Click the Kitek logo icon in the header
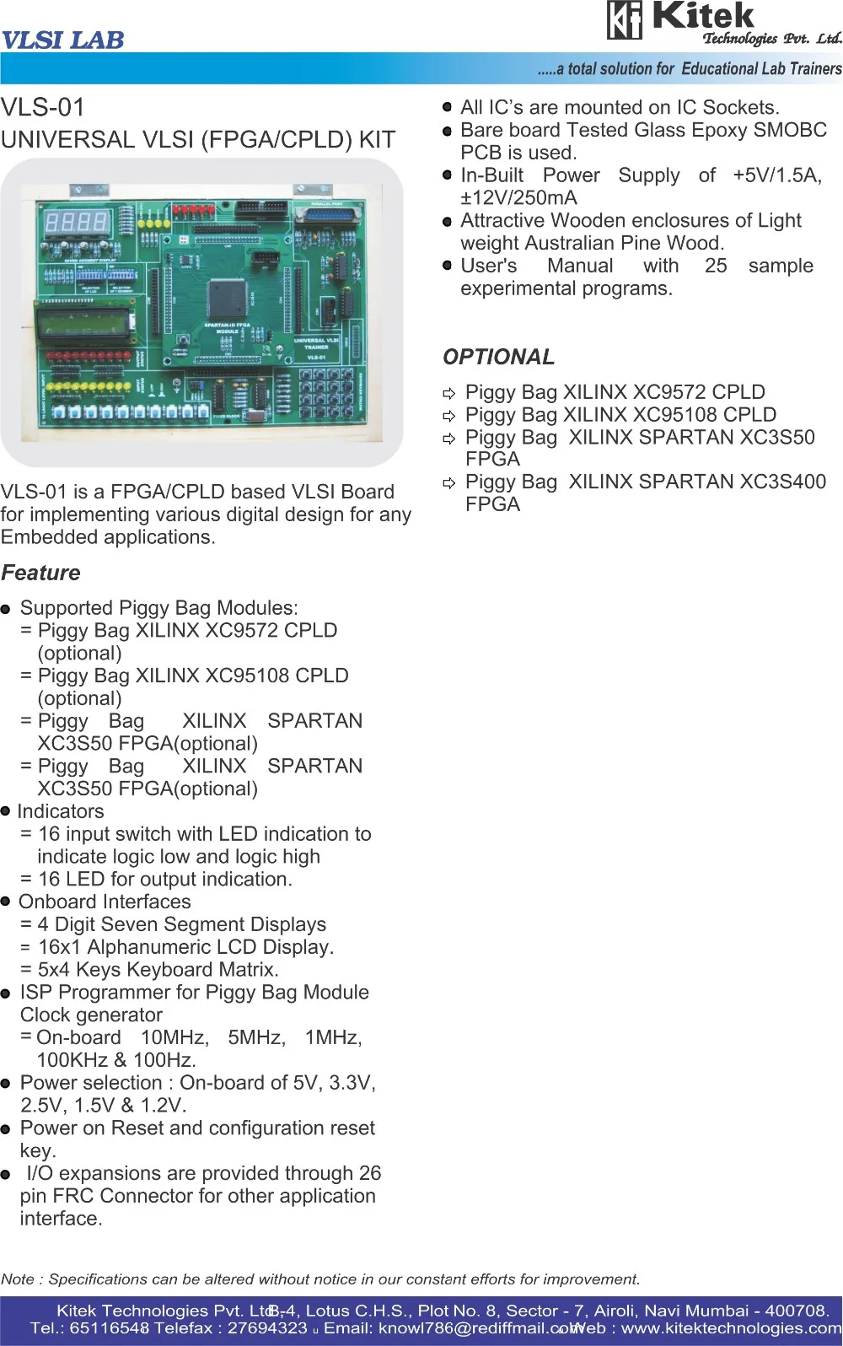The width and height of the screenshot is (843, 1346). point(625,20)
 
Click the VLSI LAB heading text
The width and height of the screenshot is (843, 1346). point(63,40)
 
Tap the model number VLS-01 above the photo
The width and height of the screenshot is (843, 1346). point(43,108)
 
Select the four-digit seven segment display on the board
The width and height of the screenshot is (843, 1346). point(77,222)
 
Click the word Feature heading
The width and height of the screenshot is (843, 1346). point(41,573)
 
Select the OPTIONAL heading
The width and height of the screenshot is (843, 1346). point(499,357)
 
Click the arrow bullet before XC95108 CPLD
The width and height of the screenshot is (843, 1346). point(449,416)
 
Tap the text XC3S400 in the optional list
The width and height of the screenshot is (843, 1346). point(783,482)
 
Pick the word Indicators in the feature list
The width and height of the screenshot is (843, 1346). point(61,811)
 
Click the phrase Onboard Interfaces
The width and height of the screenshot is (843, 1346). point(105,902)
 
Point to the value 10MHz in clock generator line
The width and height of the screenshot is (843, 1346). point(175,1037)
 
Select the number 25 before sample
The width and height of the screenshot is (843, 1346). point(716,266)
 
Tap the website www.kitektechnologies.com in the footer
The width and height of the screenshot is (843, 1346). point(732,1328)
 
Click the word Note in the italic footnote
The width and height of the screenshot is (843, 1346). point(18,1279)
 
